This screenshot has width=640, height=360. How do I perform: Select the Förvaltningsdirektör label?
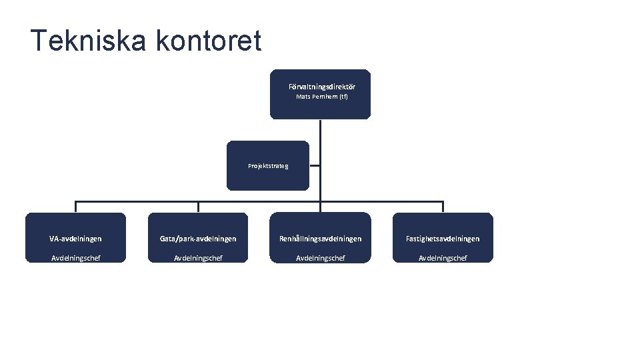pyautogui.click(x=321, y=87)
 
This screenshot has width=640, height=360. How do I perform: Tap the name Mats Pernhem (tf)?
pyautogui.click(x=321, y=97)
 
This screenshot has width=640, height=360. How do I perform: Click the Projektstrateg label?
pyautogui.click(x=268, y=166)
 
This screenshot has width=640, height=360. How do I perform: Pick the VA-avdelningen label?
pyautogui.click(x=75, y=239)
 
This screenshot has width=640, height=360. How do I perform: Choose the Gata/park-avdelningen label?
pyautogui.click(x=198, y=239)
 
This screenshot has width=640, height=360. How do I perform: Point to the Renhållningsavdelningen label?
pyautogui.click(x=320, y=239)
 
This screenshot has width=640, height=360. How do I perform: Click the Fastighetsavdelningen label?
pyautogui.click(x=443, y=239)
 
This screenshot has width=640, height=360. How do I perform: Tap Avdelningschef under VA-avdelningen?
pyautogui.click(x=75, y=258)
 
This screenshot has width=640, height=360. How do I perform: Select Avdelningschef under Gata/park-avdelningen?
pyautogui.click(x=198, y=258)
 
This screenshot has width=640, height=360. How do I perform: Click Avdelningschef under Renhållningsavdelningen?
pyautogui.click(x=320, y=258)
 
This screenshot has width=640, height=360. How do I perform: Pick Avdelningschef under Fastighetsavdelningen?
pyautogui.click(x=443, y=258)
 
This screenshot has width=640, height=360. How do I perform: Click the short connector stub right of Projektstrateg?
pyautogui.click(x=315, y=166)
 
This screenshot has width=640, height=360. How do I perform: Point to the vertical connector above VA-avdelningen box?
pyautogui.click(x=75, y=207)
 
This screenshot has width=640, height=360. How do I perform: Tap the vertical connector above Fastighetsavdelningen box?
pyautogui.click(x=443, y=207)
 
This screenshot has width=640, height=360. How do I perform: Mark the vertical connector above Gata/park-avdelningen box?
pyautogui.click(x=198, y=207)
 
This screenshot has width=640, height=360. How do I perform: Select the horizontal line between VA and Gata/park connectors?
pyautogui.click(x=137, y=201)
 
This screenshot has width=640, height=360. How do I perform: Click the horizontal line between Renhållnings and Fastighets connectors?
pyautogui.click(x=381, y=201)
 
